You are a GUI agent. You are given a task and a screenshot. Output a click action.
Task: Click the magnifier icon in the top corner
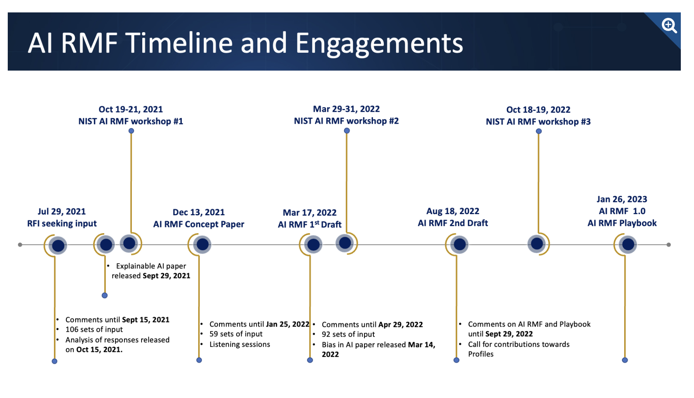669,26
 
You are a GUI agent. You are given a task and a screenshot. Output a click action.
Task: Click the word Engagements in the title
379,43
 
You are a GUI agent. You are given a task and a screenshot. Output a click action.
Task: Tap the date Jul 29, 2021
62,211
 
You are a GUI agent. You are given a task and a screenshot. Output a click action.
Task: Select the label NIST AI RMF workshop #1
131,121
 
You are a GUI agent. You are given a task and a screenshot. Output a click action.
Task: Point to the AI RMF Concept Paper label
199,224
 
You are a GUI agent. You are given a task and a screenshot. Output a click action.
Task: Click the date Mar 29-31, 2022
346,109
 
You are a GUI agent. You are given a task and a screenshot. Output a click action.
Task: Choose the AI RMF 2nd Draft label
453,223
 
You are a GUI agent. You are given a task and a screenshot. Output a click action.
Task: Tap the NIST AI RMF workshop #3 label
538,122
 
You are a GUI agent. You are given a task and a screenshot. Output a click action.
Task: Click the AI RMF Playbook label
622,223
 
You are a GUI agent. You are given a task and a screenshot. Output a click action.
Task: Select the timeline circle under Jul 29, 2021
58,246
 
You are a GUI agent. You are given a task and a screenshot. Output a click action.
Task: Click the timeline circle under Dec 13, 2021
202,244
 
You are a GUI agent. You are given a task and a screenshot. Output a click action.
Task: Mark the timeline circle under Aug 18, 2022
459,244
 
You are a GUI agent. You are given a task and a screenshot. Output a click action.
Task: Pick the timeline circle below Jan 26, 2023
628,244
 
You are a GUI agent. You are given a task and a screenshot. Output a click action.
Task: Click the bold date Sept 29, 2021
166,276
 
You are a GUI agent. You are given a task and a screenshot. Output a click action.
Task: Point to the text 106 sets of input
94,329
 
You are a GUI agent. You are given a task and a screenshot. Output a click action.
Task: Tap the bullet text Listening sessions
240,344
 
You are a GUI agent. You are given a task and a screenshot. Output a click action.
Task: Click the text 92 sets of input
348,334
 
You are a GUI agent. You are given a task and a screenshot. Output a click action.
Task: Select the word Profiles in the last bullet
481,354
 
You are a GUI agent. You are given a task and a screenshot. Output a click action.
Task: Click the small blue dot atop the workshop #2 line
347,131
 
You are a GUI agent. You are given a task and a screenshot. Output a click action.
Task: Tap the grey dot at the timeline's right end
669,245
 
